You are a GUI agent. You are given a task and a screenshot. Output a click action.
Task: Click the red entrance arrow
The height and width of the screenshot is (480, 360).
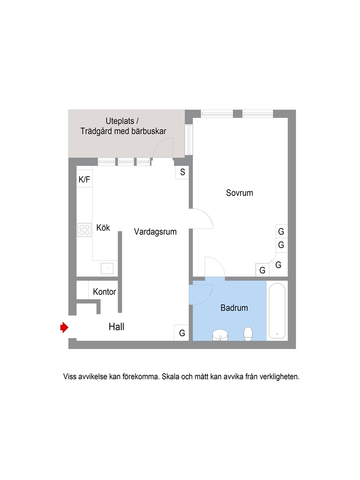(x=64, y=327)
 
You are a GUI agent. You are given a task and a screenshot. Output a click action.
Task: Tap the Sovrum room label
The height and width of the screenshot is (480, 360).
(x=240, y=193)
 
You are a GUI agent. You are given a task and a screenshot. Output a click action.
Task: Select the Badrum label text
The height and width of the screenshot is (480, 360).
(x=234, y=308)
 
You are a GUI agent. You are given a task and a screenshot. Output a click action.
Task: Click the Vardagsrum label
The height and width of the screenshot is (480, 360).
(x=155, y=232)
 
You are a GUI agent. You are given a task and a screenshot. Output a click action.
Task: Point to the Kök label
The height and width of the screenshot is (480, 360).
(x=103, y=227)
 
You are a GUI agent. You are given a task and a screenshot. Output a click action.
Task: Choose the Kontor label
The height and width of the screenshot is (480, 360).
(x=104, y=292)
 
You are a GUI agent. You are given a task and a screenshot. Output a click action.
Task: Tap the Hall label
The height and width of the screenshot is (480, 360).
(x=116, y=327)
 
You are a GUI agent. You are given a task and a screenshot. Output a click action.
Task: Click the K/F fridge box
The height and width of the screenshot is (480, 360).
(x=85, y=179)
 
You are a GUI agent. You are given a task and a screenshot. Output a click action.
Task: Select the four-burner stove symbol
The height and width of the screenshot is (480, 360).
(x=85, y=230)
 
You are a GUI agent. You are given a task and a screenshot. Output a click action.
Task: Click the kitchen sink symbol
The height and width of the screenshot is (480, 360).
(x=107, y=268)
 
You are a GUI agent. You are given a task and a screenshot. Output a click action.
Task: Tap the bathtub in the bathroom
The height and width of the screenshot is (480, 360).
(x=277, y=311)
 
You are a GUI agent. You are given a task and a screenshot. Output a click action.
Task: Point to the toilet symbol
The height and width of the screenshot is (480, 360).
(x=248, y=334)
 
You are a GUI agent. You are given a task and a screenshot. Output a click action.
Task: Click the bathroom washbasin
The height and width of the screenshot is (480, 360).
(x=220, y=335)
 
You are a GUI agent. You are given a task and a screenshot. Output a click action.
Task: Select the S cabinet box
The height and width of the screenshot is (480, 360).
(x=182, y=172)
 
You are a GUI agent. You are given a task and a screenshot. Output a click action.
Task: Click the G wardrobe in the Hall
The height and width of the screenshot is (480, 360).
(x=181, y=333)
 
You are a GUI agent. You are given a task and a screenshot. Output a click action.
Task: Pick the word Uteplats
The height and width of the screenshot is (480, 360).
(x=120, y=121)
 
